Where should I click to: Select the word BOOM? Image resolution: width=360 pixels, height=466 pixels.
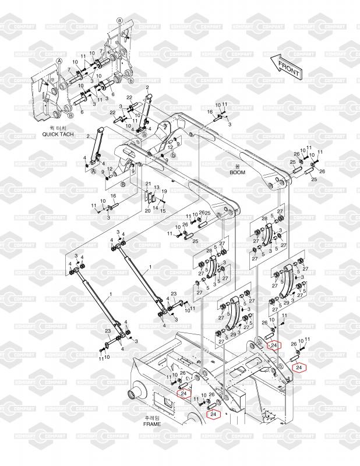[237, 172]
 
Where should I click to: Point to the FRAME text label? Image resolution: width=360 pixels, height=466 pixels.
[151, 425]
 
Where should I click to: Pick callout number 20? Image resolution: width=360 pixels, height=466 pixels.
[147, 210]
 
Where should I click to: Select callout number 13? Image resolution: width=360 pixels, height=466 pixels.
[157, 188]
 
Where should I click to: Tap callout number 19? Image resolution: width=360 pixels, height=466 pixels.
[165, 192]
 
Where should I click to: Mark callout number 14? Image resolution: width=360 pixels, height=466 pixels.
[155, 208]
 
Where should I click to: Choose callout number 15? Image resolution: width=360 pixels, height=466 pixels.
[163, 210]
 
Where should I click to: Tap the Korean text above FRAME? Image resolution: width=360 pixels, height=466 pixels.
[151, 418]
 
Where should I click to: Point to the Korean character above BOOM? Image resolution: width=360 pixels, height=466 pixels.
[237, 166]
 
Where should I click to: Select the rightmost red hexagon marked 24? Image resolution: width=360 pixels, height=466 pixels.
[299, 367]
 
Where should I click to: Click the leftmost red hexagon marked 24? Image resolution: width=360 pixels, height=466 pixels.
[183, 394]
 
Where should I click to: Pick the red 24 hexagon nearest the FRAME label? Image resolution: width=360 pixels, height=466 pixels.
[213, 414]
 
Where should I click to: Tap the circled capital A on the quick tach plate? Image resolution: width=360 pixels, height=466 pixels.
[59, 61]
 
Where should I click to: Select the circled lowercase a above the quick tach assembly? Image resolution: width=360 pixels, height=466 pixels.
[119, 20]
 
